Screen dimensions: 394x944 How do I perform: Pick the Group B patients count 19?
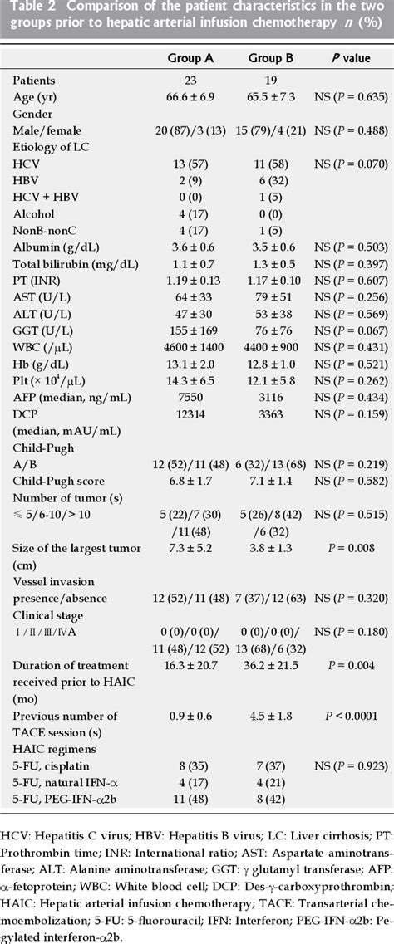[268, 81]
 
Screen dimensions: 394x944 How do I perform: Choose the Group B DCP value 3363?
[268, 413]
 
